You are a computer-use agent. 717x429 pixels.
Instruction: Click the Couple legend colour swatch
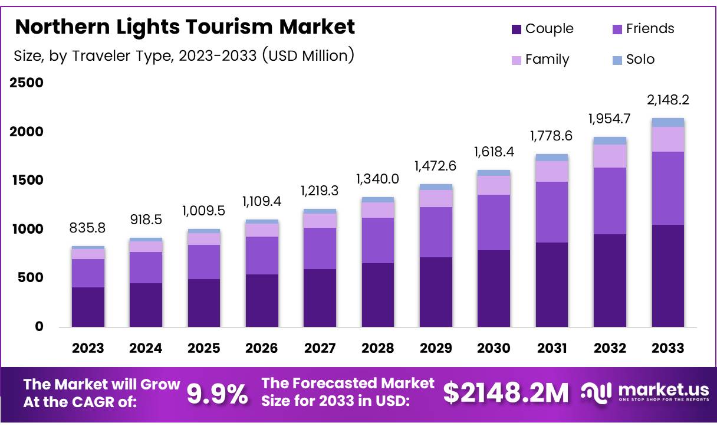tap(516, 29)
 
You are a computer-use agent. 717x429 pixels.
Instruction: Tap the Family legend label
tap(547, 60)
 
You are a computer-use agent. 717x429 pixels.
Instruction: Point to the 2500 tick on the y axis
tap(27, 83)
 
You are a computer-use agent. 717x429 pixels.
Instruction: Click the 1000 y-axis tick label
tap(27, 229)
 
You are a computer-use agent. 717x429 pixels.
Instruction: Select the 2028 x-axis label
tap(378, 348)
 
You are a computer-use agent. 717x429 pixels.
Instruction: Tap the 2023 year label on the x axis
tap(88, 348)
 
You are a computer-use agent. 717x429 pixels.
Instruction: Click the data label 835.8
tap(88, 227)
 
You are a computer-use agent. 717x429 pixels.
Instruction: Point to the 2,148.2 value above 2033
tap(667, 100)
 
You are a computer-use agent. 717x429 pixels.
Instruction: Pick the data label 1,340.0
tap(378, 179)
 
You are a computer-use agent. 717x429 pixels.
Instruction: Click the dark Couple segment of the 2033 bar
tap(667, 276)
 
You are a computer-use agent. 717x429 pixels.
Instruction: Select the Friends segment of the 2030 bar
tap(494, 222)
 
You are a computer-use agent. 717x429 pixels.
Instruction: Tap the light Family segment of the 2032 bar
tap(610, 156)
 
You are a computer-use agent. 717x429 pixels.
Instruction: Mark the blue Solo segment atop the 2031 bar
tap(552, 158)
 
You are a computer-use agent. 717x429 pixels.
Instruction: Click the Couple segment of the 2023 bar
tap(88, 307)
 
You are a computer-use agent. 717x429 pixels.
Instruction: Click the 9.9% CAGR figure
tap(218, 394)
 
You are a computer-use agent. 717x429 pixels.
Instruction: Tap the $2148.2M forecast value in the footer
tap(506, 393)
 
